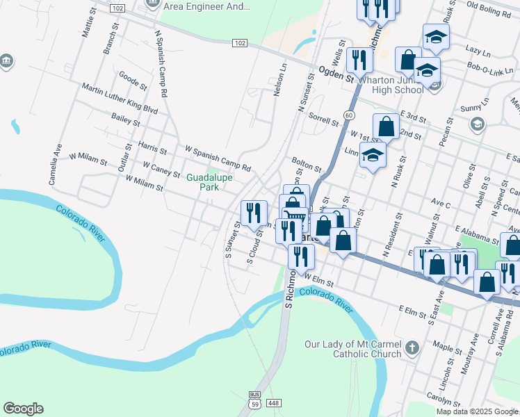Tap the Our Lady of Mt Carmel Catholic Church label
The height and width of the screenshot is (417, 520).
353,349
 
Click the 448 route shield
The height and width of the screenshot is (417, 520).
274,403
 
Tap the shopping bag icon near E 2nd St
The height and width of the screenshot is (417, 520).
386,127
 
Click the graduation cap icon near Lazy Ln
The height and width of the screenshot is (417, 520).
436,36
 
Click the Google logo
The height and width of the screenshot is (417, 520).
23,409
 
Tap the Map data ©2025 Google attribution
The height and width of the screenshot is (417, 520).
477,411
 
